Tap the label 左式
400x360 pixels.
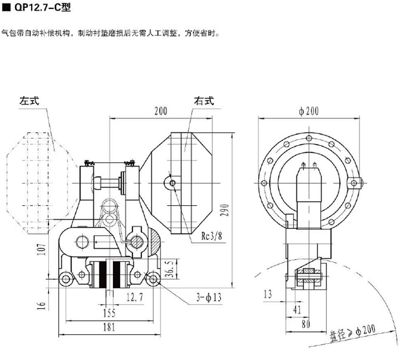[x=29, y=101]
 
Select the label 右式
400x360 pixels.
[x=203, y=101]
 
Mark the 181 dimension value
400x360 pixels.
[x=108, y=327]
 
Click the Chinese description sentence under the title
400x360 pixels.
[x=111, y=33]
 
